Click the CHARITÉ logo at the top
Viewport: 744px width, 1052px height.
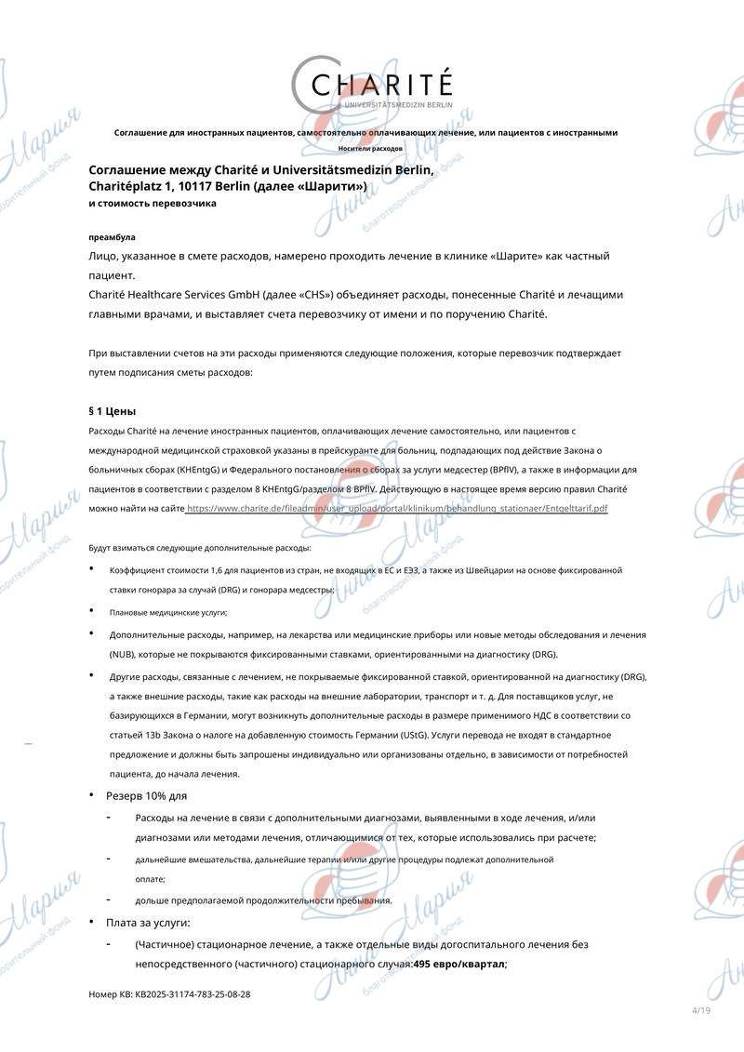[372, 86]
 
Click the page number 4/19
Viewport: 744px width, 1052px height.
[700, 1011]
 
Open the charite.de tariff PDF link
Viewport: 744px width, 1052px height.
[398, 509]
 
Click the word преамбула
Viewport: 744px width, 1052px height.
[112, 237]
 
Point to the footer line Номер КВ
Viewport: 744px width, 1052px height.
[169, 994]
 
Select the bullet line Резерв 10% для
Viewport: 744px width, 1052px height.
[146, 796]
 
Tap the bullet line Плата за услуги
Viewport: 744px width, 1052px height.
[148, 923]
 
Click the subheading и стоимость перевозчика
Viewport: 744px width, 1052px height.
[153, 203]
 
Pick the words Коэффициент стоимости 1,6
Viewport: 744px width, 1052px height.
[165, 569]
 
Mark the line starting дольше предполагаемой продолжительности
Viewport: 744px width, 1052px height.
[263, 899]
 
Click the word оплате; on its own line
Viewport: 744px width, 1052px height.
[150, 879]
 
